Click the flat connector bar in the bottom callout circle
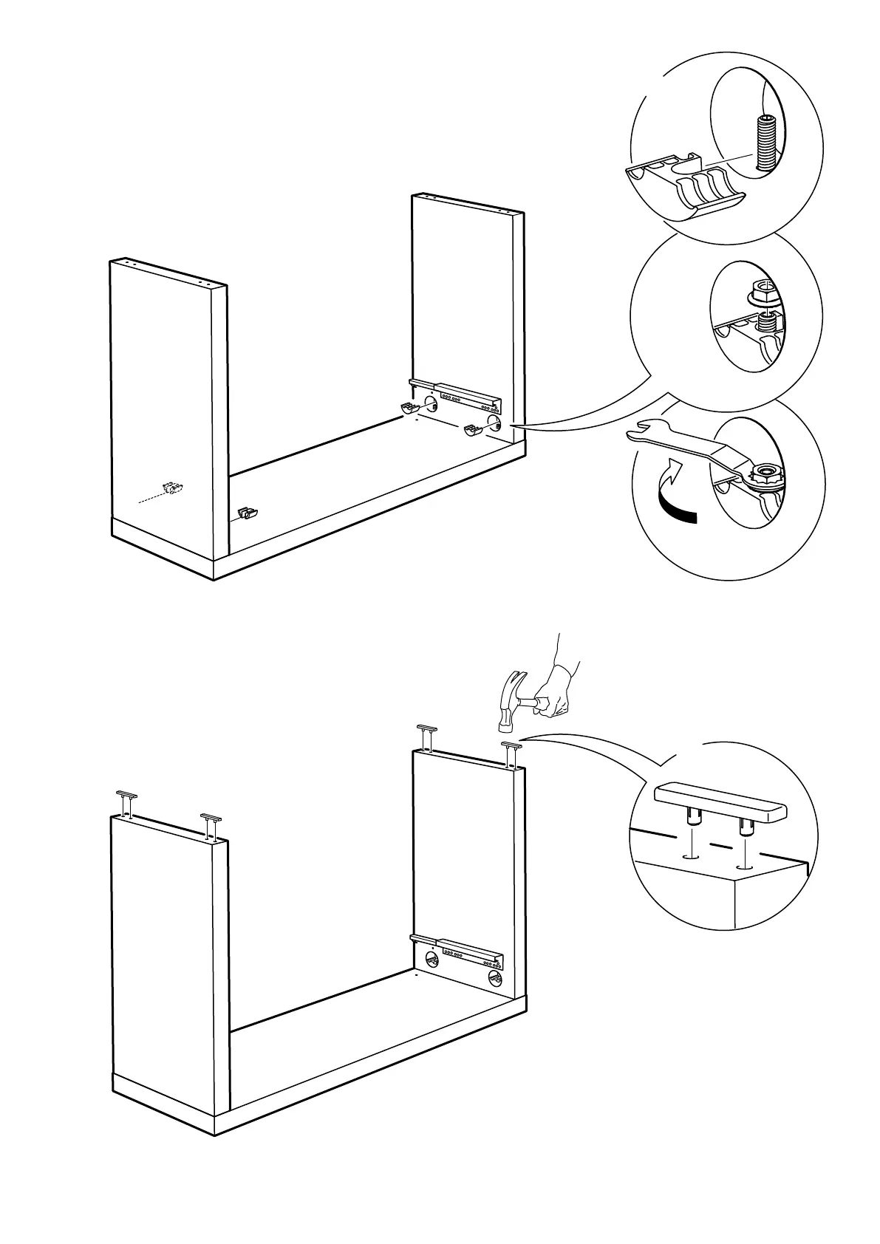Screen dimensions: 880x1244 tap(720, 804)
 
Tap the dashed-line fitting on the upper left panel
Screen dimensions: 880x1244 tap(174, 488)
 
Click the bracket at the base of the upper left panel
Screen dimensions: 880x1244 tap(248, 513)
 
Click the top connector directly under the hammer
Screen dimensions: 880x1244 tap(509, 752)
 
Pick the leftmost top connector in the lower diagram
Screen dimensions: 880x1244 tap(127, 801)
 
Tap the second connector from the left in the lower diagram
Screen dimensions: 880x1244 tap(211, 824)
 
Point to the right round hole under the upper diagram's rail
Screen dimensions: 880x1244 tap(494, 422)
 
